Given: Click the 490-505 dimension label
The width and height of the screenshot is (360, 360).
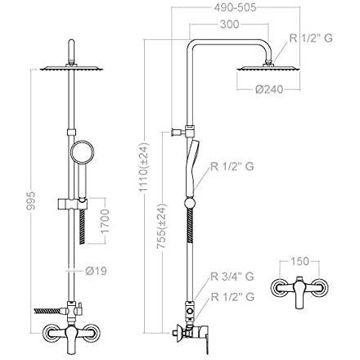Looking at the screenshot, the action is click(x=235, y=7).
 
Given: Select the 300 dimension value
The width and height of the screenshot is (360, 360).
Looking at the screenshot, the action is click(x=229, y=25).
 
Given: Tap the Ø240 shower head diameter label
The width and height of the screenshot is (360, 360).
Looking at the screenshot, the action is click(x=269, y=89).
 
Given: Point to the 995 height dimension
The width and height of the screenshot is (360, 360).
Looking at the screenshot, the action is click(x=31, y=200).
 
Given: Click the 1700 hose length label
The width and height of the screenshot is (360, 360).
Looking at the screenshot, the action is click(x=105, y=221).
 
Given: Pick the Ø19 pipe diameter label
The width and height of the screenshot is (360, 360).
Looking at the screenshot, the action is click(x=96, y=271).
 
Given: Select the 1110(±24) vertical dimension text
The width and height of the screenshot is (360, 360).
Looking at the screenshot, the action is click(x=144, y=167).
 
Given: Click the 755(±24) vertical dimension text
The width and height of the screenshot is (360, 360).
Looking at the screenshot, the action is click(x=161, y=227).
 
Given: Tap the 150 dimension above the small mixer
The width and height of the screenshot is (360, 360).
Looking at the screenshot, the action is click(x=299, y=261).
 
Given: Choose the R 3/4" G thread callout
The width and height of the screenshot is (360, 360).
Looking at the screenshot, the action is click(x=232, y=277).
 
